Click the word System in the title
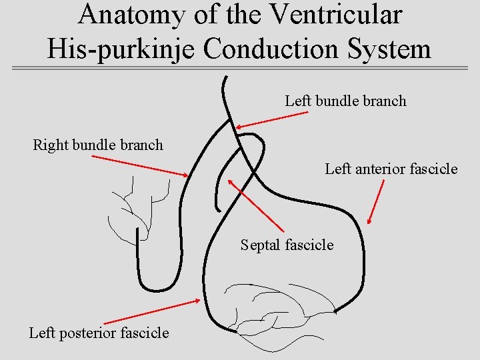click(387, 48)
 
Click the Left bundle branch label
click(345, 101)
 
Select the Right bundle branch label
click(98, 145)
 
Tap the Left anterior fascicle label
click(391, 169)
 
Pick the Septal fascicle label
click(287, 245)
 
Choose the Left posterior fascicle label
click(99, 333)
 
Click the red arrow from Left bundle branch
click(272, 120)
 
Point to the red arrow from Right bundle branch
click(141, 166)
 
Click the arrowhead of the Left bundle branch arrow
click(239, 127)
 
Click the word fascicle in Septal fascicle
click(309, 245)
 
